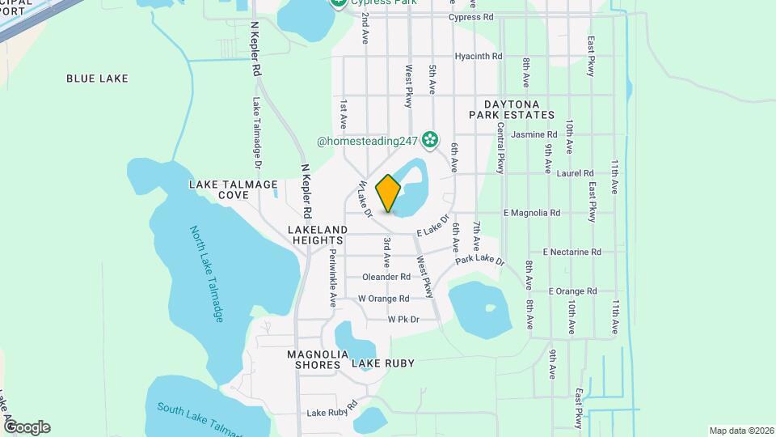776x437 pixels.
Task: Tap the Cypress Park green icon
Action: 340,3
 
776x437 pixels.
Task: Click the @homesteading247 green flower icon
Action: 429,141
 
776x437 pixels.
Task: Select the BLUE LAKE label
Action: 98,78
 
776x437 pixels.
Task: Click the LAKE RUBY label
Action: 382,364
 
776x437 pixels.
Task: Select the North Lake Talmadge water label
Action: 207,274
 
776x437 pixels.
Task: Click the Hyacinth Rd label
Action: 479,57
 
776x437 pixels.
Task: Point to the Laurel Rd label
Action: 576,173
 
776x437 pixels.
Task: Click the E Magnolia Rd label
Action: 531,213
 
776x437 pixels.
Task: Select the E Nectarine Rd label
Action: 572,252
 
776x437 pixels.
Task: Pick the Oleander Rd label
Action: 386,277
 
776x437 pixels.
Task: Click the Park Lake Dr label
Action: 479,261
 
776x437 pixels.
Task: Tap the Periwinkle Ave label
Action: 332,277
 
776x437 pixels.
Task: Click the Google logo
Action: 27,426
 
